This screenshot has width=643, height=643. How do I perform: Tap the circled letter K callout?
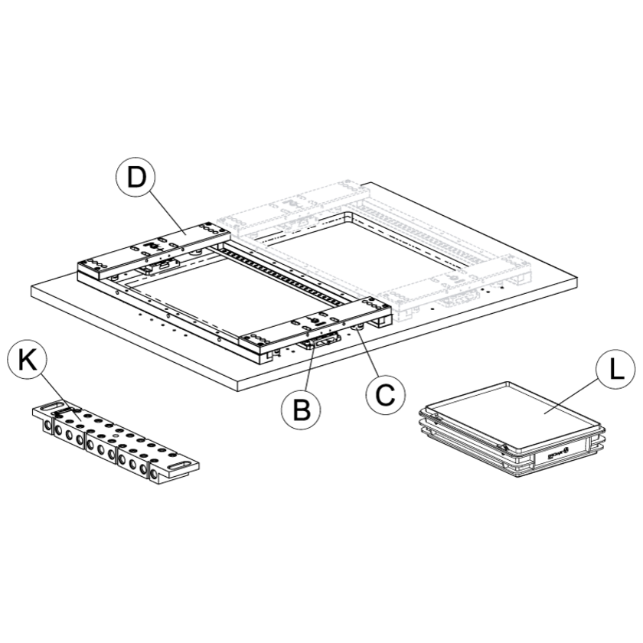pyautogui.click(x=28, y=360)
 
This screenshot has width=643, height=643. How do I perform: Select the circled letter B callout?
pyautogui.click(x=302, y=410)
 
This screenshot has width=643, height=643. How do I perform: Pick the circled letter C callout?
pyautogui.click(x=385, y=394)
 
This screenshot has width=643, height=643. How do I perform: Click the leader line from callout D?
pyautogui.click(x=168, y=214)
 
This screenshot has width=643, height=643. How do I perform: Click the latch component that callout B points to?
pyautogui.click(x=320, y=341)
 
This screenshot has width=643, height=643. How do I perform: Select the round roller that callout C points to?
pyautogui.click(x=358, y=327)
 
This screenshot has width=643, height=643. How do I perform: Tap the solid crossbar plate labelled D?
pyautogui.click(x=154, y=250)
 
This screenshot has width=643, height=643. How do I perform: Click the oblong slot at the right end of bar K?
pyautogui.click(x=179, y=465)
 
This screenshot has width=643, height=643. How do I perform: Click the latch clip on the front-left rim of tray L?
pyautogui.click(x=502, y=447)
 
